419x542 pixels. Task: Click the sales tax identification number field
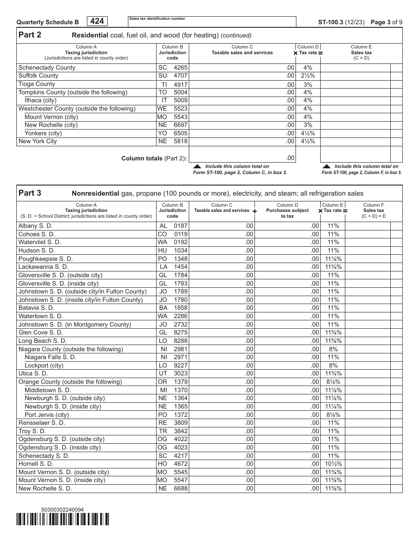(x=212, y=22)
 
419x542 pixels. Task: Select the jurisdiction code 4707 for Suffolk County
(x=180, y=76)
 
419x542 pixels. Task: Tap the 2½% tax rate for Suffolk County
(x=308, y=76)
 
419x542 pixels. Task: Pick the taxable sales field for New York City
(x=242, y=141)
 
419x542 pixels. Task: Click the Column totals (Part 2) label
(x=154, y=158)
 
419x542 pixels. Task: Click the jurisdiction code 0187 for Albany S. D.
(x=180, y=226)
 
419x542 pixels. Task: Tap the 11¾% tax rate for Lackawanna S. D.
(x=333, y=267)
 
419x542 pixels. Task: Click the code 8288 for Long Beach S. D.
(x=180, y=341)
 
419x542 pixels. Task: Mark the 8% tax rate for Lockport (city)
(x=333, y=366)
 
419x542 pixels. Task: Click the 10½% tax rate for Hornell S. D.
(x=333, y=464)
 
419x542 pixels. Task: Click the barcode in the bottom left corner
(x=63, y=520)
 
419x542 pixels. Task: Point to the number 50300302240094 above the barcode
(x=62, y=510)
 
